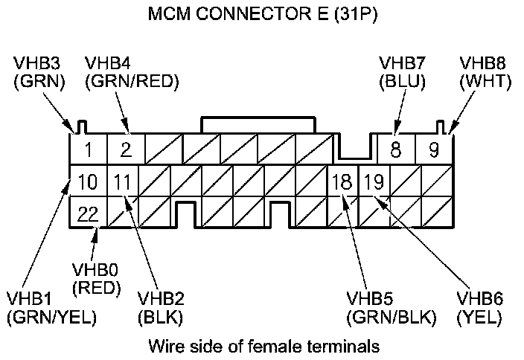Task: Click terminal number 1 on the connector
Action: pyautogui.click(x=88, y=150)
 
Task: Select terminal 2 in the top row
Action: pyautogui.click(x=126, y=150)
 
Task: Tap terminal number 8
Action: pyautogui.click(x=395, y=150)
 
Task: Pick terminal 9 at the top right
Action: pyautogui.click(x=433, y=150)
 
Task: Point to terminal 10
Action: pyautogui.click(x=87, y=181)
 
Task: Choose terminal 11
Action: pyautogui.click(x=123, y=181)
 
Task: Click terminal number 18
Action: pyautogui.click(x=342, y=181)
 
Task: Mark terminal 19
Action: pyautogui.click(x=374, y=181)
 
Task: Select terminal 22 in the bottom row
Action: pyautogui.click(x=88, y=214)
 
